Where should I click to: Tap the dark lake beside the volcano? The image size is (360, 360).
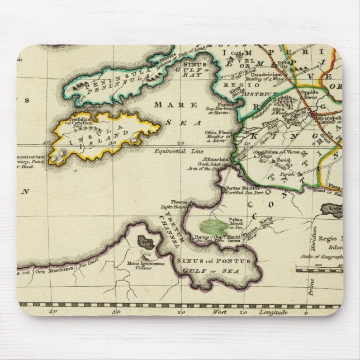coord(147,243)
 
